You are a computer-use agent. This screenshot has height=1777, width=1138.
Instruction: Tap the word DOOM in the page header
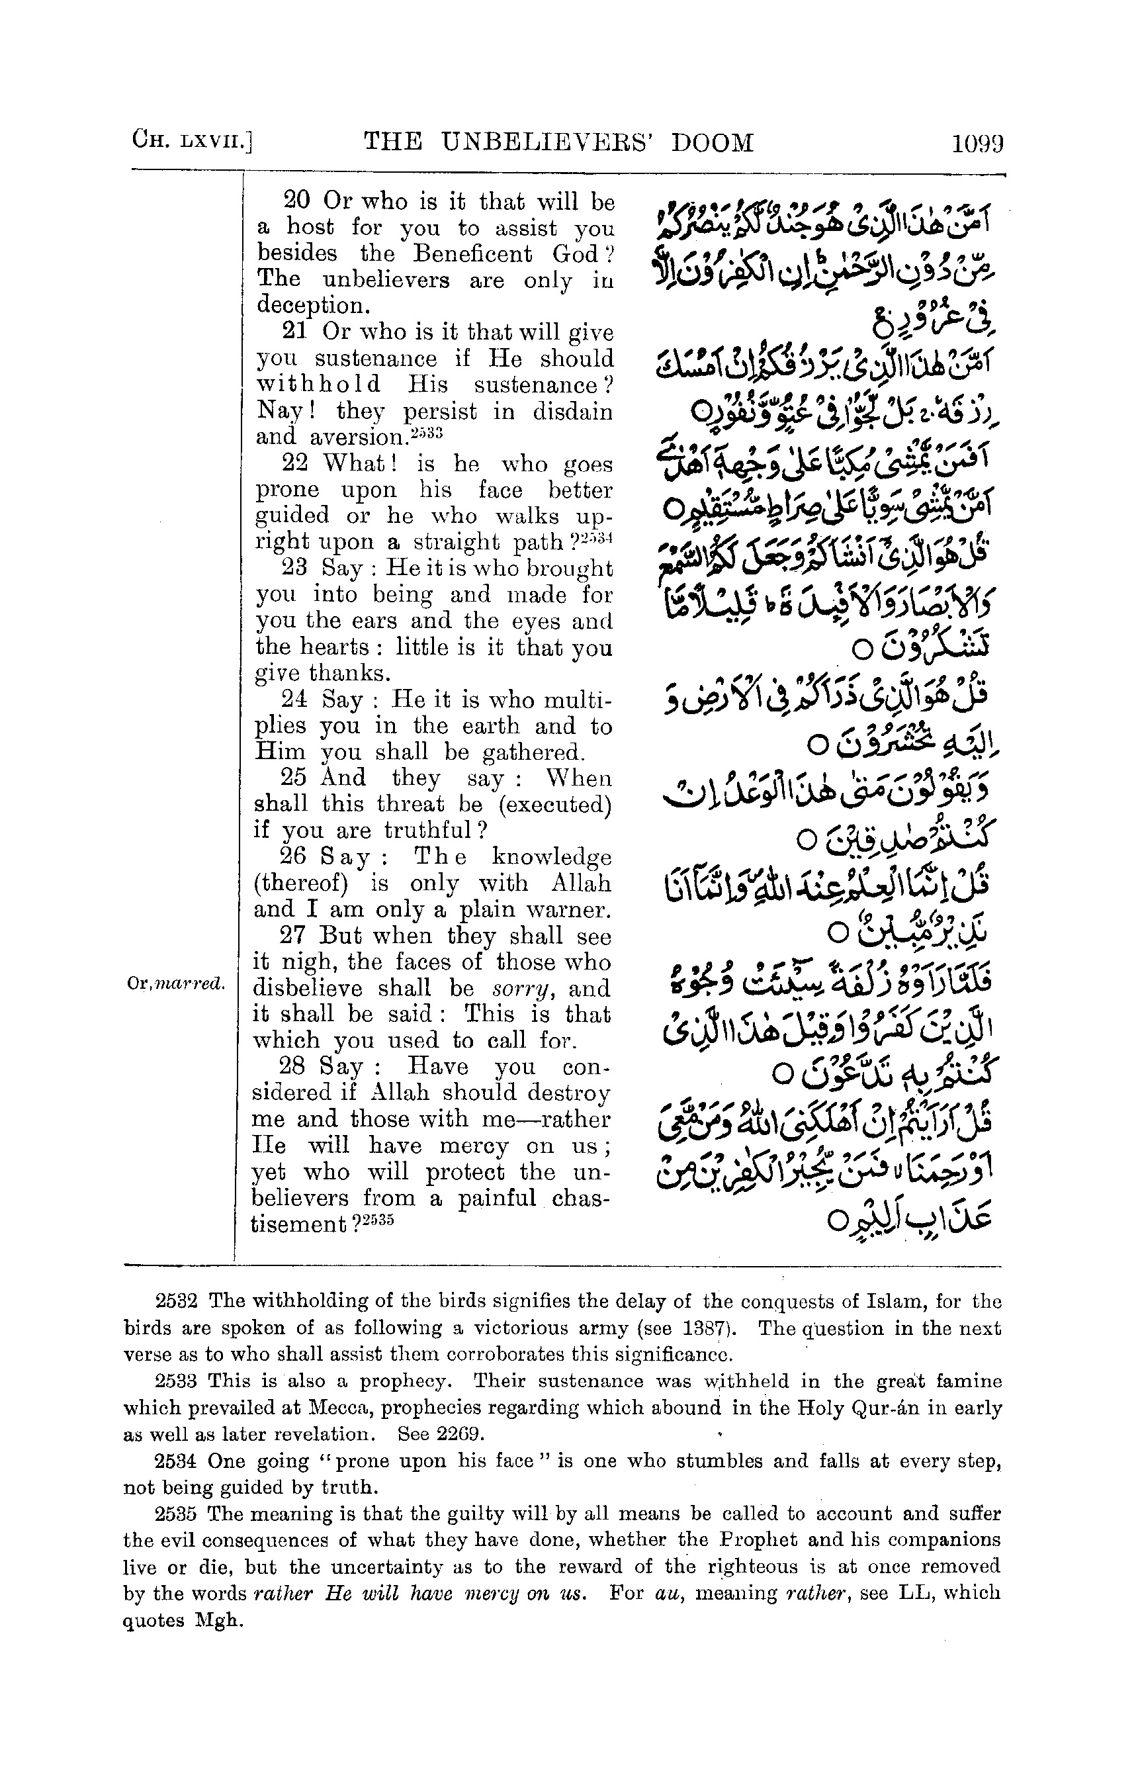pos(713,141)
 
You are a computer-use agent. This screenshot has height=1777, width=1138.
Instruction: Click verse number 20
pos(297,201)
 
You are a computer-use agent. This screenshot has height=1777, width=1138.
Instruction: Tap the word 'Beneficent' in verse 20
pos(473,253)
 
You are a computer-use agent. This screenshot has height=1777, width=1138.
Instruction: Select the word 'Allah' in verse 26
pos(581,884)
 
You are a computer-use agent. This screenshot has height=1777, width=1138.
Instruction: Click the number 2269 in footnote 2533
pos(460,1434)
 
